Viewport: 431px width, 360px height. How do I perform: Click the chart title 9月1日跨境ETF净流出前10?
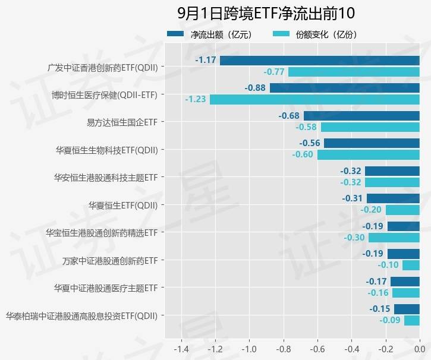click(x=266, y=12)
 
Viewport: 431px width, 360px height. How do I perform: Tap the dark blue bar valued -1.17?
click(x=320, y=60)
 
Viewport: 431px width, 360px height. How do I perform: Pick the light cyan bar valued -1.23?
click(x=314, y=99)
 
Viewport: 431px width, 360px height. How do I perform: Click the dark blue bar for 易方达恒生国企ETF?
click(x=361, y=115)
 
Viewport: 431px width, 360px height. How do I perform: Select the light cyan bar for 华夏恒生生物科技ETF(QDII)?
click(x=368, y=154)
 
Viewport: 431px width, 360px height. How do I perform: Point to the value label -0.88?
click(x=255, y=88)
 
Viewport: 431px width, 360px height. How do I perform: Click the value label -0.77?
click(x=274, y=72)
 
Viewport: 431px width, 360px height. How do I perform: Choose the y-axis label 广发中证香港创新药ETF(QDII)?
click(x=103, y=67)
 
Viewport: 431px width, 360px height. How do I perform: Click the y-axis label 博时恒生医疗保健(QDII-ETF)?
click(x=105, y=94)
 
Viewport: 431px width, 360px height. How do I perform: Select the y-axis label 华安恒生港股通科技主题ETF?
click(x=106, y=177)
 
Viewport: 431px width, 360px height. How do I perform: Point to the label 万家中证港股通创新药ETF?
click(x=110, y=260)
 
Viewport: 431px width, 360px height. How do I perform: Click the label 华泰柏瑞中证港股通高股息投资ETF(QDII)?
click(x=81, y=315)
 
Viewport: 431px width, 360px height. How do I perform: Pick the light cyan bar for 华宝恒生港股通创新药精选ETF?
click(x=394, y=238)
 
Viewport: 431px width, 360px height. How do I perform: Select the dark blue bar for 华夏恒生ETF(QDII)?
click(x=393, y=198)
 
